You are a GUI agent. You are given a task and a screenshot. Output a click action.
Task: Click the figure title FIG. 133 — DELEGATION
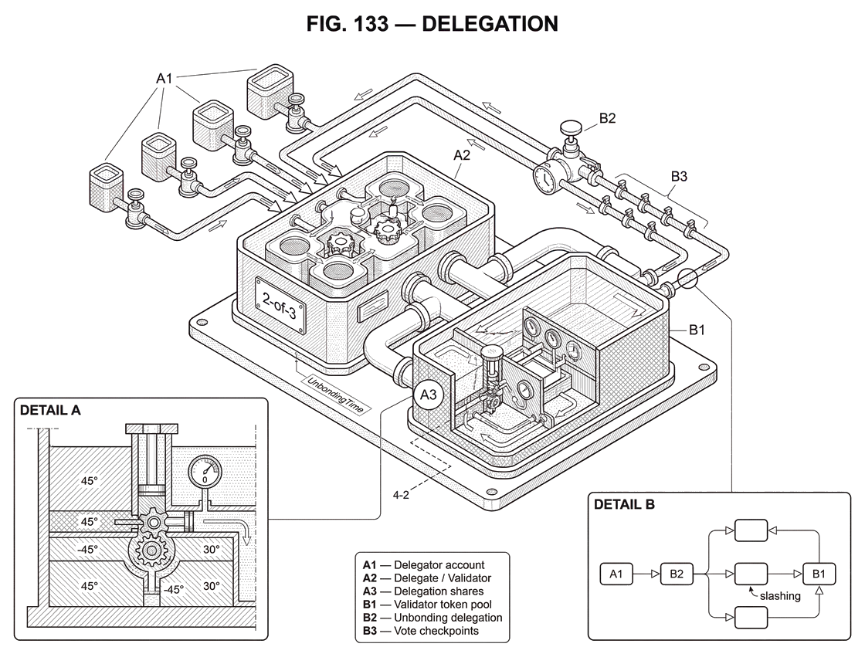coord(432,24)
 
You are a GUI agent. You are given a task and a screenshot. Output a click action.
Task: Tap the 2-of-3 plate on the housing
coord(280,305)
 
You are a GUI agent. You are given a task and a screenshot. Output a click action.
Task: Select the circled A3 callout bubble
coord(429,395)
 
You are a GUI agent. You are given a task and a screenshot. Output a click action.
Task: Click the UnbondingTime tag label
coord(335,395)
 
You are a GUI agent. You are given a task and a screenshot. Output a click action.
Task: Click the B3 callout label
coord(679,177)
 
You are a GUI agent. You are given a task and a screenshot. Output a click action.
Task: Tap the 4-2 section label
coord(401,495)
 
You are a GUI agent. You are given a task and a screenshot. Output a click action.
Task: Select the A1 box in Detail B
coord(616,574)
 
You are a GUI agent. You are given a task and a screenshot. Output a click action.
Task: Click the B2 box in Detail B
coord(677,574)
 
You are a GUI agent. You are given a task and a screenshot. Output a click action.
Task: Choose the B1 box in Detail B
coord(819,574)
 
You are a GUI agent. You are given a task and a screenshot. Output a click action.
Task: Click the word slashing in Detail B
coord(780,596)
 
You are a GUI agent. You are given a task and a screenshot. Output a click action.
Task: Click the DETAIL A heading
coord(50,410)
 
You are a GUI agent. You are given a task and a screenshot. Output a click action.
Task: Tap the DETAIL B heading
coord(624,505)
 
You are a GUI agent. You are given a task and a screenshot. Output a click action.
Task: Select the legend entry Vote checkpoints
coord(421,631)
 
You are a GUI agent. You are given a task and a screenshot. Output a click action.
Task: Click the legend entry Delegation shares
coord(423,591)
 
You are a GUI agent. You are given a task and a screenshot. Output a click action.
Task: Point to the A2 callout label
coord(462,155)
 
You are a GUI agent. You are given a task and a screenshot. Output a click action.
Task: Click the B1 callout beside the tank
coord(697,330)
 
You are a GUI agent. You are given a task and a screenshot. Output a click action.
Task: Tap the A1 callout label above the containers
coord(165,78)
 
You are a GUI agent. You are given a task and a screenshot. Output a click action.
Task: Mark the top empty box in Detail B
coord(751,530)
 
